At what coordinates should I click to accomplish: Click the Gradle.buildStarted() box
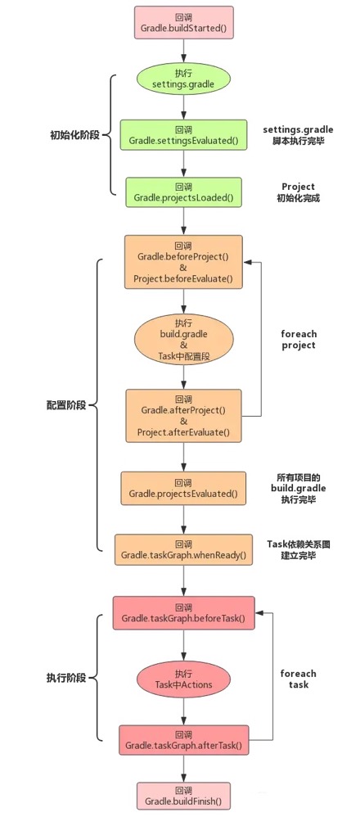[183, 22]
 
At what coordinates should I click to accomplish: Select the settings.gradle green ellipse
[183, 79]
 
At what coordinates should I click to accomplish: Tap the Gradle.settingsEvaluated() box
[183, 135]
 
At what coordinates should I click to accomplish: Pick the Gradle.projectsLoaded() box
[183, 192]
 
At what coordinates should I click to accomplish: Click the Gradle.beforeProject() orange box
[183, 262]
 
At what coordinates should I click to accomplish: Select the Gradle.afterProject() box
[183, 416]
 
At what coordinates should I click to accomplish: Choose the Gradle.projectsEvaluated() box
[183, 488]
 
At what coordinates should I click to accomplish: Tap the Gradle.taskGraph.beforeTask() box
[183, 612]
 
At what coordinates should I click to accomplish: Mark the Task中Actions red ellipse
[183, 679]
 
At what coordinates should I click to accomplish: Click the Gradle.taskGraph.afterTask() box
[183, 740]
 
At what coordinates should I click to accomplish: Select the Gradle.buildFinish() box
[183, 795]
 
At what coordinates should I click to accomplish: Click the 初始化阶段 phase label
[74, 135]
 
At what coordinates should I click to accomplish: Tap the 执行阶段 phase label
[66, 679]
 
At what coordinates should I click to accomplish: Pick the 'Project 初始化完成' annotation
[298, 192]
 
